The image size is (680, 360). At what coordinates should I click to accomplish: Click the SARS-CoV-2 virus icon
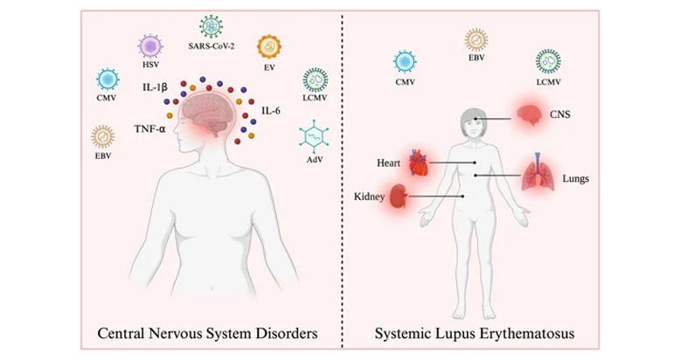tap(212, 24)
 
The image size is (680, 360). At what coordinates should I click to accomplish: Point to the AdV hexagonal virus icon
tap(312, 136)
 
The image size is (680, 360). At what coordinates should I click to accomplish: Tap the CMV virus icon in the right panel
tap(405, 61)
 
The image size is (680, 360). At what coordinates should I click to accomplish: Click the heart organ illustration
tap(420, 163)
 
